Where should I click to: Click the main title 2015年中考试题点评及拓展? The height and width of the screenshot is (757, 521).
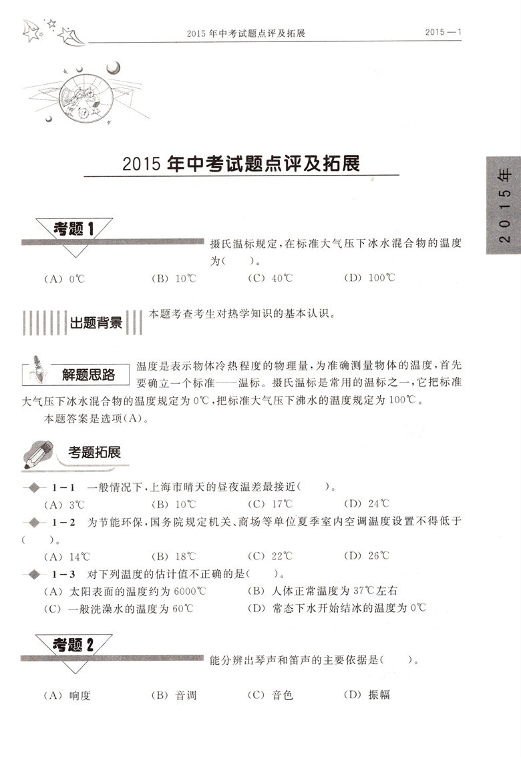pos(241,164)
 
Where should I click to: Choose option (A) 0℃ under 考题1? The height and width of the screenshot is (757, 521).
pos(65,278)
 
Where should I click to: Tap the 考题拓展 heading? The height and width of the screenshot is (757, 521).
pos(94,452)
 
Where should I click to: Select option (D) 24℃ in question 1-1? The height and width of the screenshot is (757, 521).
pos(365,504)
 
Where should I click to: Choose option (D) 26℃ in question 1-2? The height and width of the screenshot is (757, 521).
pos(365,555)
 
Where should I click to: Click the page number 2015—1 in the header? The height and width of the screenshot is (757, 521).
pos(444,32)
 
